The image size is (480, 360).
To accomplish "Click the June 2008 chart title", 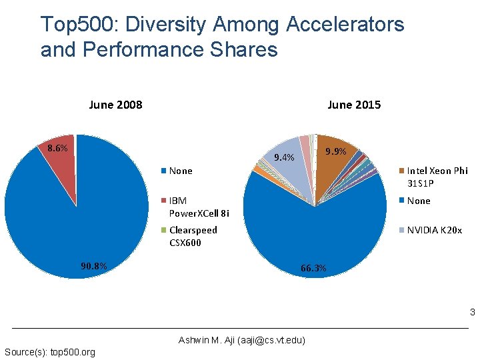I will (115, 104).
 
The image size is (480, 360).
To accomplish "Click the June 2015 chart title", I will (354, 104).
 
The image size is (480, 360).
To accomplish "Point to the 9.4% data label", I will (285, 158).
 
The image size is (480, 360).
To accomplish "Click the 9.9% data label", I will (335, 152).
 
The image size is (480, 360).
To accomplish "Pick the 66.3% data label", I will (313, 269).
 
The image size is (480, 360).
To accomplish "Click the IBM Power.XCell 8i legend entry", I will (199, 207).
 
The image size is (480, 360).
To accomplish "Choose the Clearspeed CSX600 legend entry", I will (193, 236).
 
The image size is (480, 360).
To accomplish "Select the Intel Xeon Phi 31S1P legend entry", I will (437, 177).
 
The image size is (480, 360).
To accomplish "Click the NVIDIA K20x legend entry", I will (433, 230).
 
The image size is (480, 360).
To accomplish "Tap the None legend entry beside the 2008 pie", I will (180, 171).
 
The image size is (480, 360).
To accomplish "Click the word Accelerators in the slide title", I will (345, 25).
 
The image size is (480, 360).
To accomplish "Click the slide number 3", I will (471, 313).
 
